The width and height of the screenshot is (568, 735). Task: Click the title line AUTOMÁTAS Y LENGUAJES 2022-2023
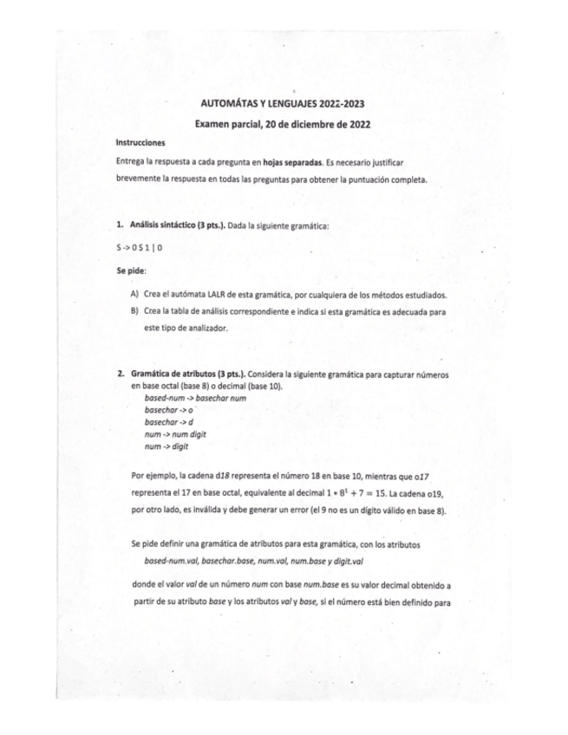pyautogui.click(x=284, y=102)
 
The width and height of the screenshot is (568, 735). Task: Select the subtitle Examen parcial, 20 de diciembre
pyautogui.click(x=284, y=124)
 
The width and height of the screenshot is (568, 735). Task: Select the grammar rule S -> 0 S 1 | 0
pyautogui.click(x=140, y=247)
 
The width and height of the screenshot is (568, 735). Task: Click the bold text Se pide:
pyautogui.click(x=131, y=270)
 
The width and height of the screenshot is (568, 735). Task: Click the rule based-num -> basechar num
pyautogui.click(x=189, y=396)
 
